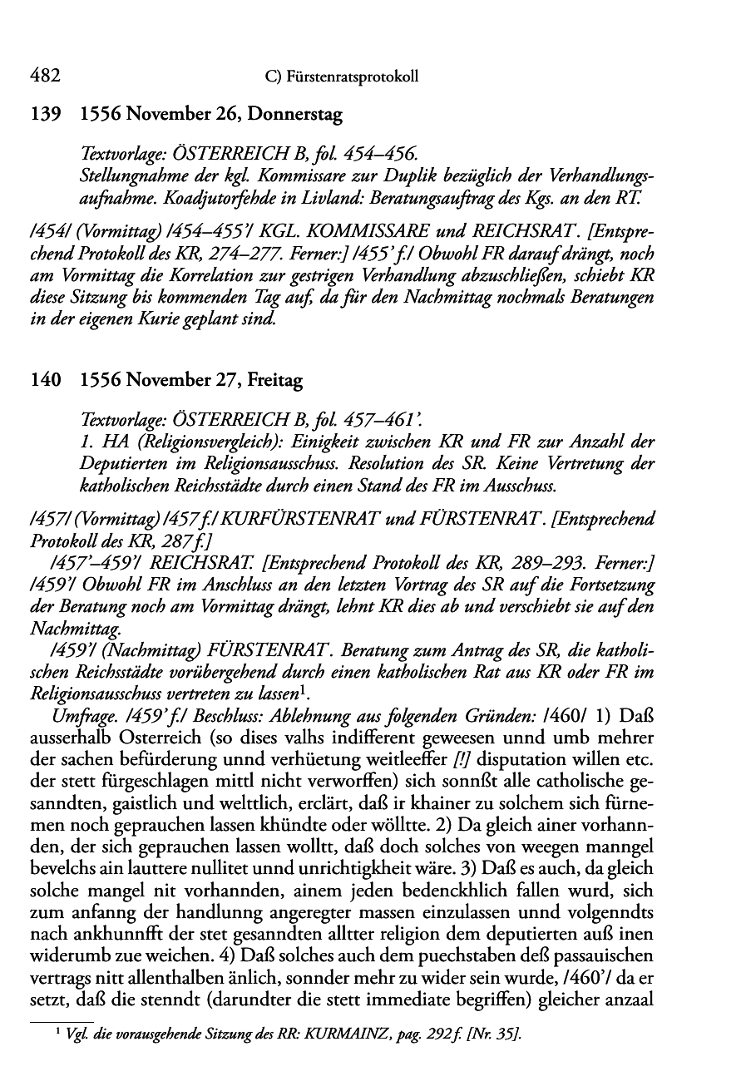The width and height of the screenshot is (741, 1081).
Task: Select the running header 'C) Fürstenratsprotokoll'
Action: click(338, 77)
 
